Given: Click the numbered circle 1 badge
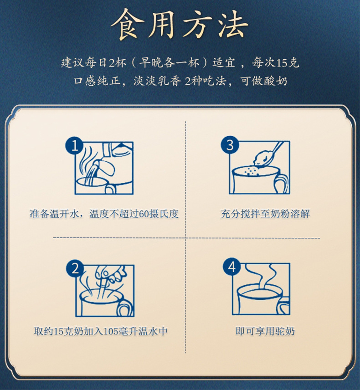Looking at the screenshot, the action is tap(74, 146).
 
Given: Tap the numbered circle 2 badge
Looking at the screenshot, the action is tap(75, 269).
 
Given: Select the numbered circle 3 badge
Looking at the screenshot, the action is tap(230, 145).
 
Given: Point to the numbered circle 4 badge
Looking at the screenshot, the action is tap(232, 267).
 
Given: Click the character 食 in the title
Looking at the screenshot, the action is tap(128, 24).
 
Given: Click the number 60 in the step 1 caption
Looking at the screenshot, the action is tap(143, 214).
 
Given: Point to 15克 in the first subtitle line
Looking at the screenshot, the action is tap(288, 63).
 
